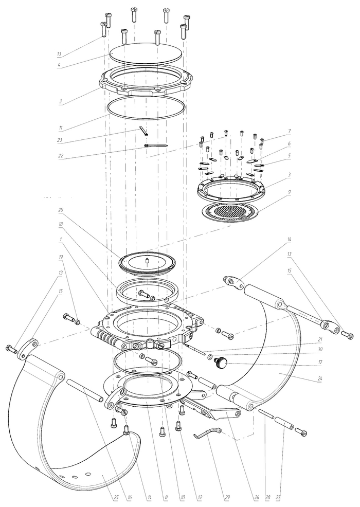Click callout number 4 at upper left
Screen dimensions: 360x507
pyautogui.click(x=59, y=65)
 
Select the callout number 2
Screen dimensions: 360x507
pyautogui.click(x=61, y=101)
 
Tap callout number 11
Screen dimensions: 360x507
pyautogui.click(x=61, y=128)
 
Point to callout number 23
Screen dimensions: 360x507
pyautogui.click(x=60, y=141)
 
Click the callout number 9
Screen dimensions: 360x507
pyautogui.click(x=290, y=192)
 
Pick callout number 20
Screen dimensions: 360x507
pyautogui.click(x=60, y=210)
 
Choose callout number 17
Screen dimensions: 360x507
pyautogui.click(x=320, y=363)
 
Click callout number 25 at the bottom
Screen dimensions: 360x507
pyautogui.click(x=116, y=497)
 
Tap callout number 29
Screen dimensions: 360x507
pyautogui.click(x=227, y=497)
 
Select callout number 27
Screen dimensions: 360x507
pyautogui.click(x=278, y=497)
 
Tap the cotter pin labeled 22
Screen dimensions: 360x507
pyautogui.click(x=156, y=146)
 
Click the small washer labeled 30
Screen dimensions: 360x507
pyautogui.click(x=210, y=357)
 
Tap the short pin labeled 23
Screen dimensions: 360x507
pyautogui.click(x=144, y=131)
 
